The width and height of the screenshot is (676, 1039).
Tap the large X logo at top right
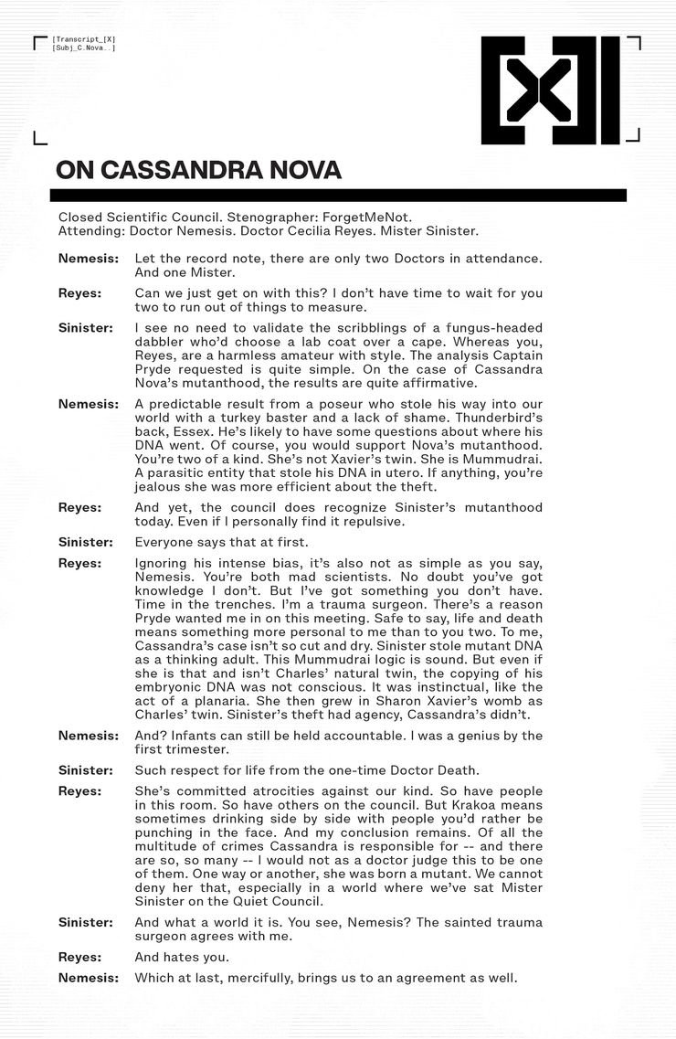pyautogui.click(x=550, y=90)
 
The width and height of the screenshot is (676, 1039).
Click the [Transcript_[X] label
pyautogui.click(x=84, y=39)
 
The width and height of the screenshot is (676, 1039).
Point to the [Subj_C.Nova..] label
pyautogui.click(x=84, y=48)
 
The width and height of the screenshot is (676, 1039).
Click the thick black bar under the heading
pyautogui.click(x=338, y=195)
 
